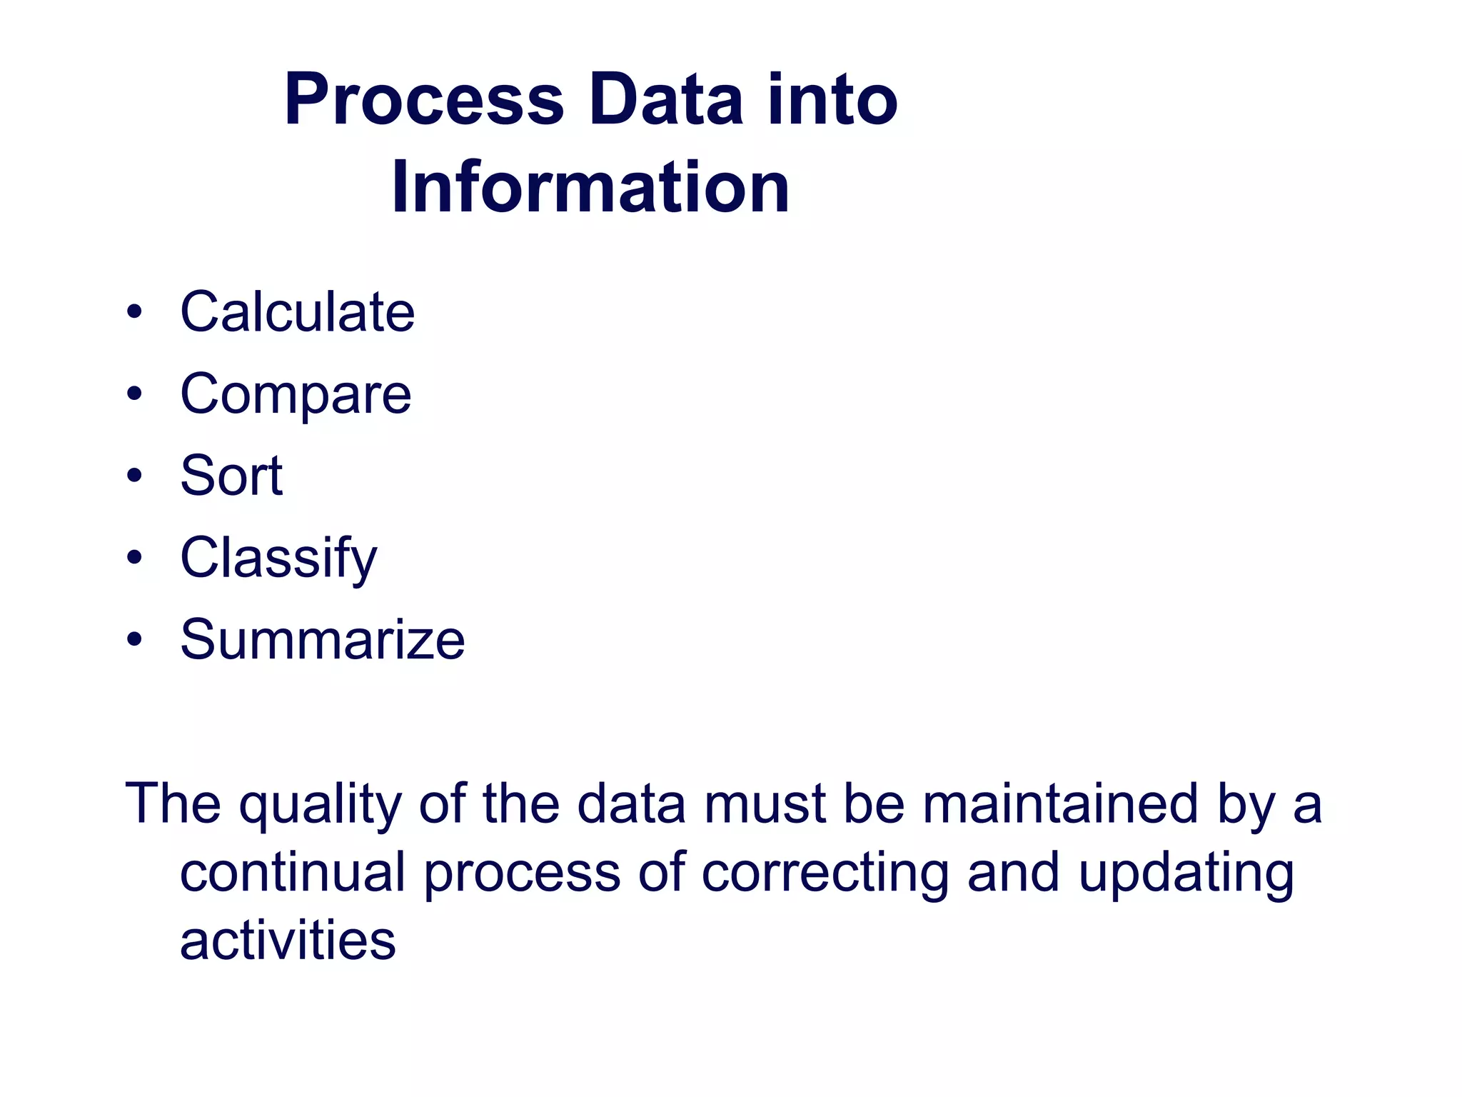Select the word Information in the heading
pos(590,187)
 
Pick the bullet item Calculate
pos(297,312)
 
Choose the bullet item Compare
pos(296,394)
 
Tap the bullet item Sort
pos(231,476)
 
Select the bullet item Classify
pos(278,558)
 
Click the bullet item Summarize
pos(323,640)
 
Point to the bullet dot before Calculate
pos(134,312)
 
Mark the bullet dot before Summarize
pos(134,640)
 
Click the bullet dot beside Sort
pos(134,476)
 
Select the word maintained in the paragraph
pos(1059,804)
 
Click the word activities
pos(288,941)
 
